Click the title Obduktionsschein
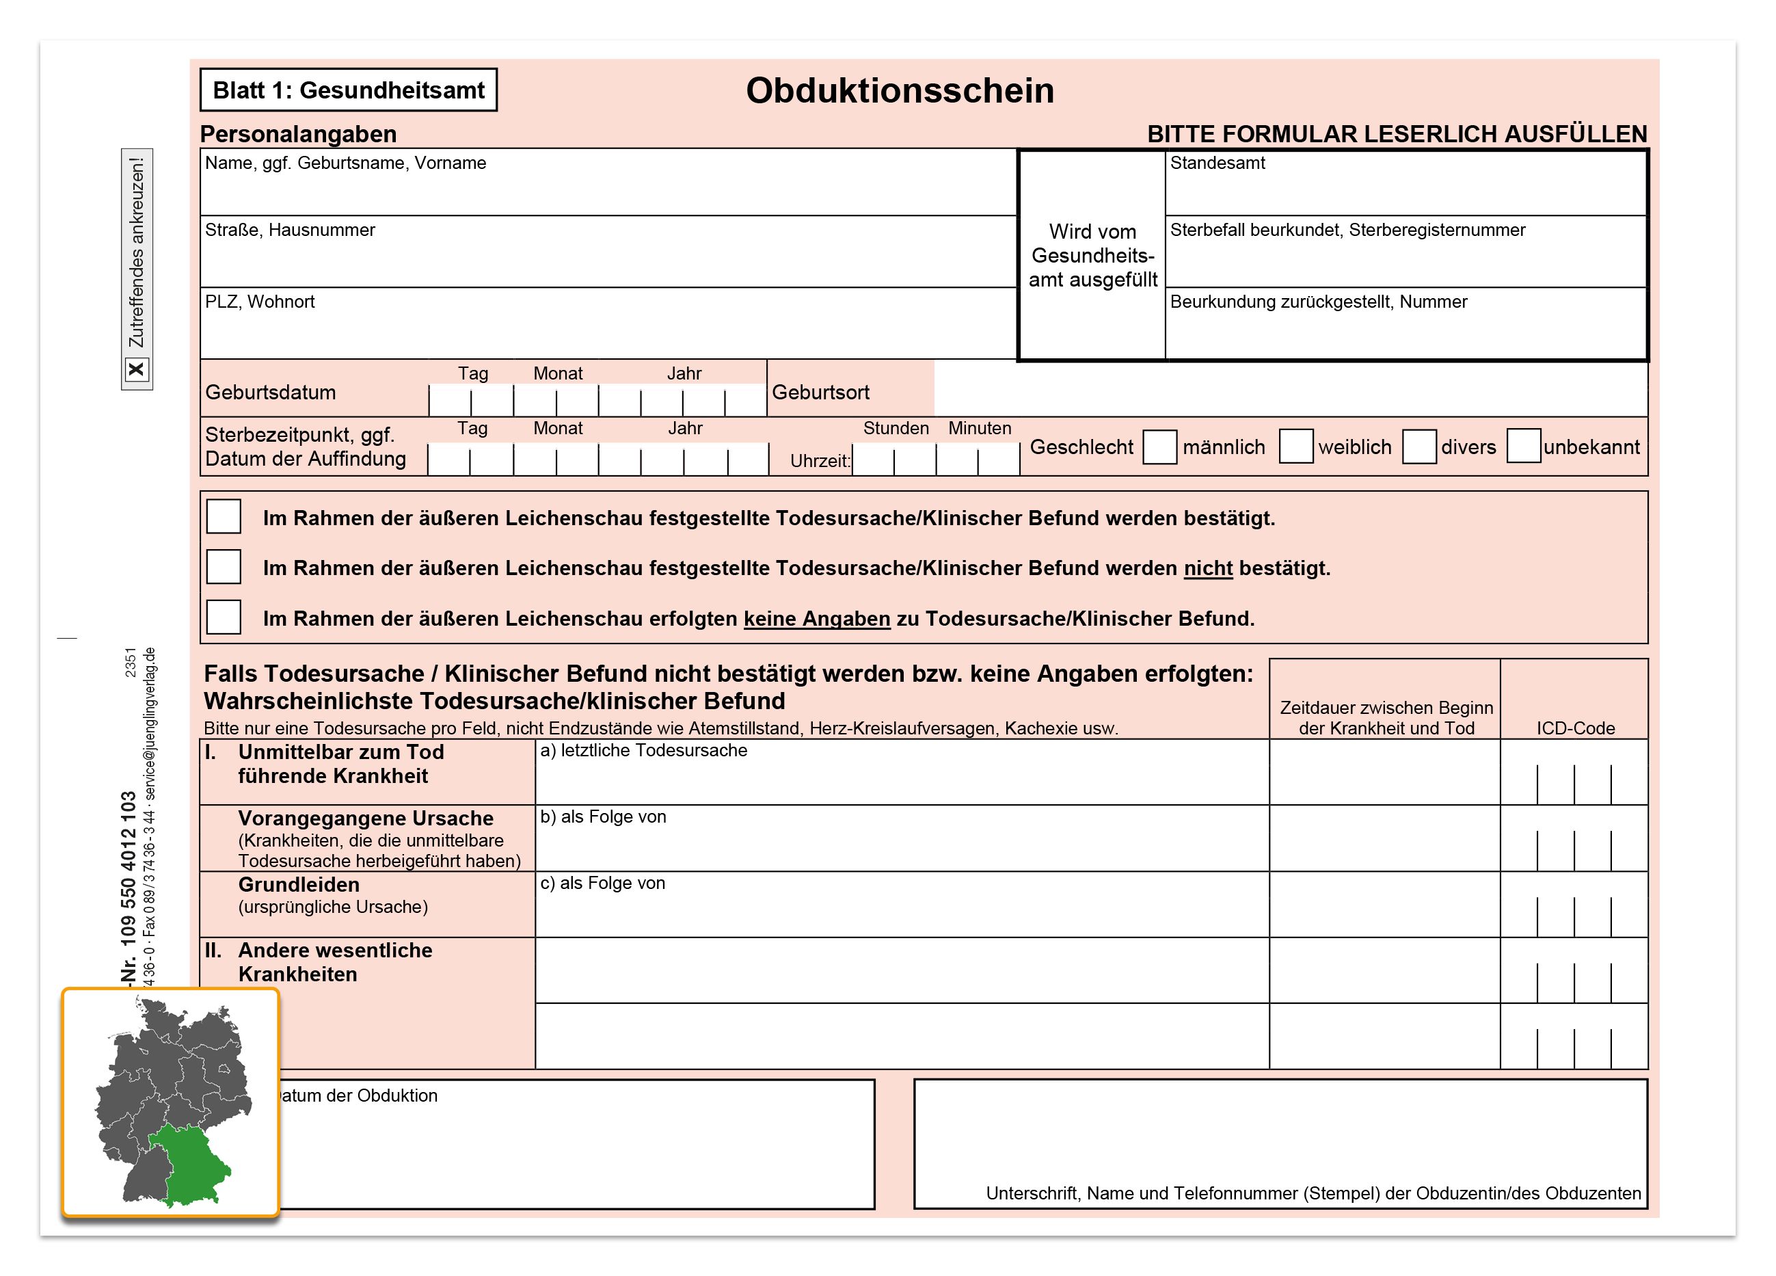[899, 91]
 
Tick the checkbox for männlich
[1159, 447]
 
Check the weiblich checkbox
[1295, 447]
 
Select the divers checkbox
[1418, 447]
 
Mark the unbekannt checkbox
[1523, 447]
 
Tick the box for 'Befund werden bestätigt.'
[223, 517]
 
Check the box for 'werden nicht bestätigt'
[223, 567]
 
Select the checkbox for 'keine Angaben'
[223, 617]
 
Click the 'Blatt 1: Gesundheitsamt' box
[349, 90]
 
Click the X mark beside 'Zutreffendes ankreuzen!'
[136, 369]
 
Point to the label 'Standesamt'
[1217, 163]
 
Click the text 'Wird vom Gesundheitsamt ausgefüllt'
[1092, 255]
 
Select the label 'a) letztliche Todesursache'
[643, 750]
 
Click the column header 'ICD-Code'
[1575, 728]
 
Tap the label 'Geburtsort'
[820, 392]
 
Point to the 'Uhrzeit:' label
[819, 461]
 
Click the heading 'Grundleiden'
[299, 884]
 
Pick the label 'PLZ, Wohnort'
[259, 302]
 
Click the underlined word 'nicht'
[1207, 568]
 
